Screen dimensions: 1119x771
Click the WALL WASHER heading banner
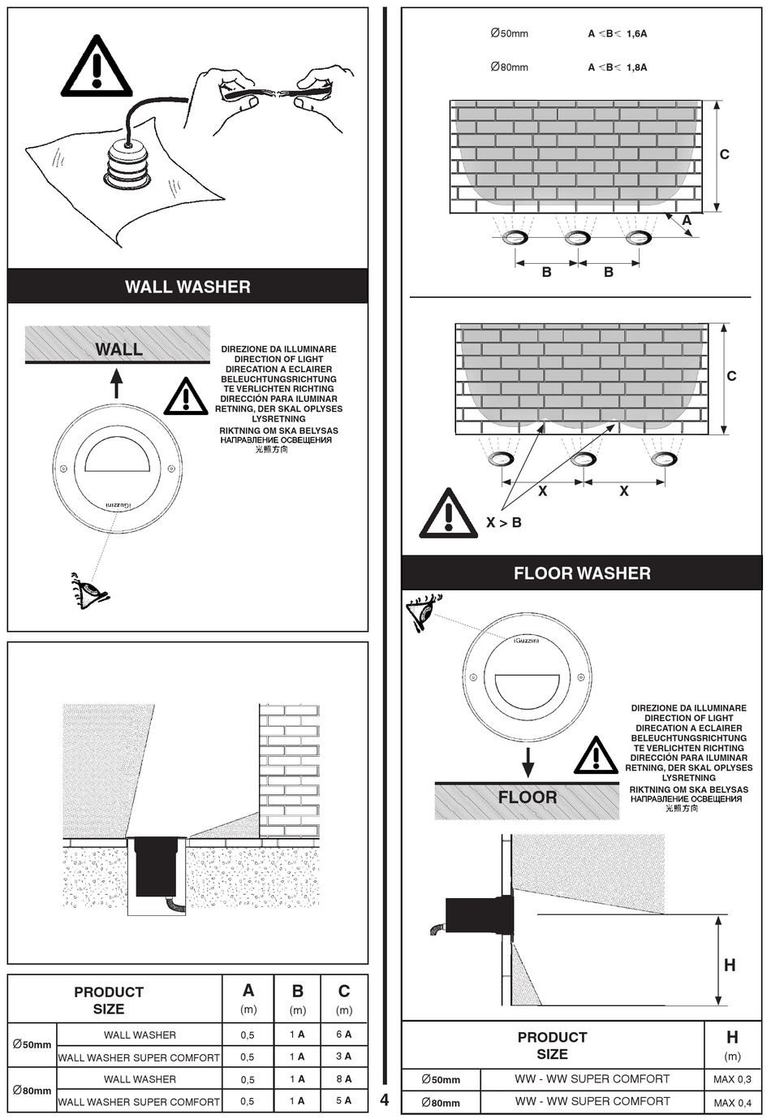[187, 287]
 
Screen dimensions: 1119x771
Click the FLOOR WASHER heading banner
[582, 573]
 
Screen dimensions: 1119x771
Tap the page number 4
[385, 1100]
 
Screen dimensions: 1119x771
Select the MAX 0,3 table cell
[732, 1080]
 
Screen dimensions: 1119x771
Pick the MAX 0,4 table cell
[732, 1103]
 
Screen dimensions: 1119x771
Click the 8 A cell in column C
[343, 1079]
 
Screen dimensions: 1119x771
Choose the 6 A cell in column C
[343, 1035]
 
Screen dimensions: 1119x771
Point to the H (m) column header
[732, 1044]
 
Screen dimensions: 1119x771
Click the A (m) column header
[248, 998]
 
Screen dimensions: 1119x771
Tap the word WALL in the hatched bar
[118, 349]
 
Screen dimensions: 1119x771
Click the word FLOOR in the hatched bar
[528, 797]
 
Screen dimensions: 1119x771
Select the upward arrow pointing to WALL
[117, 382]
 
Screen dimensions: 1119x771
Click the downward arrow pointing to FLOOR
[528, 762]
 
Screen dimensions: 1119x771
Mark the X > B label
[503, 523]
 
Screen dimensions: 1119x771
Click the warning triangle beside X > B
[448, 515]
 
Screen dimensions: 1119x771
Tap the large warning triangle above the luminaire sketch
[97, 67]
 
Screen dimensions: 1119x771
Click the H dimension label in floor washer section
[730, 965]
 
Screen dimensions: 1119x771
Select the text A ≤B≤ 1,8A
[617, 67]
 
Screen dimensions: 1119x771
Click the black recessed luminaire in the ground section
[156, 866]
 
